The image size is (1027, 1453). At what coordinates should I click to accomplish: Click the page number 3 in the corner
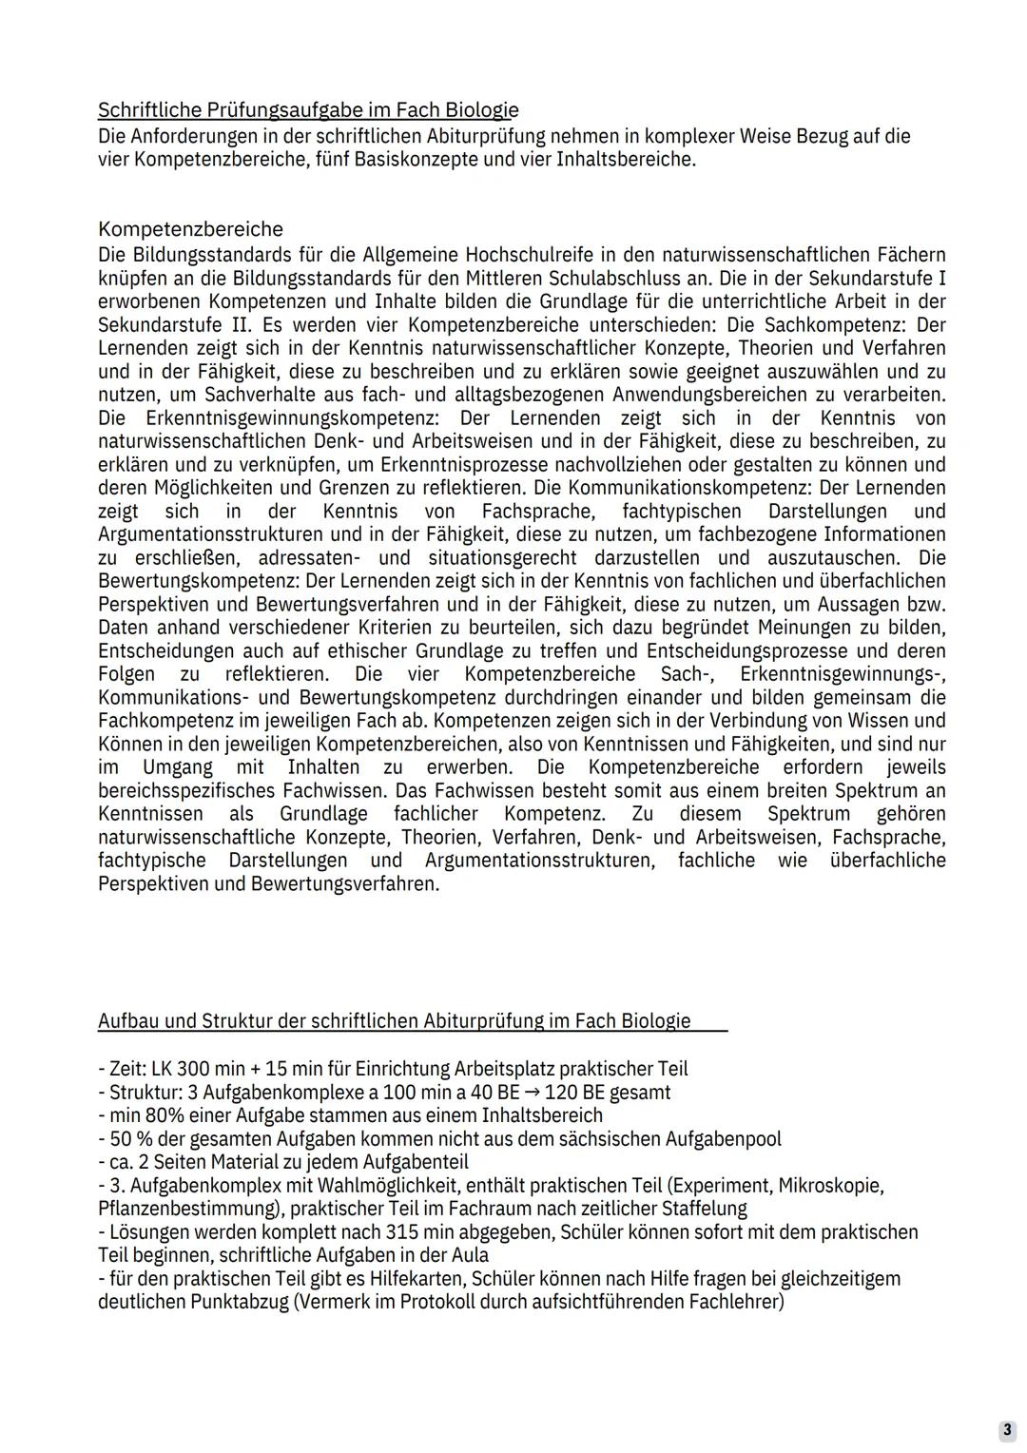[1006, 1430]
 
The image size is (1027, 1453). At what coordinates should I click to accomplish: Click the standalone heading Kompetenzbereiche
[190, 229]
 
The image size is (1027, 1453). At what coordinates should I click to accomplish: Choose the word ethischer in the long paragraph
[367, 651]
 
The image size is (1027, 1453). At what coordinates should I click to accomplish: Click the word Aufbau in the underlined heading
[130, 1021]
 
